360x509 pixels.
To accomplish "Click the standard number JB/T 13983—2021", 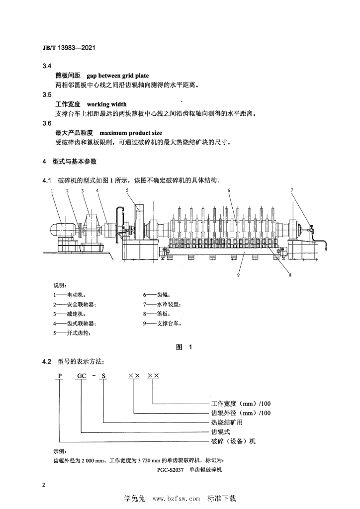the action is [x=69, y=48].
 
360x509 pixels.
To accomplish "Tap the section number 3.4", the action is [x=47, y=66].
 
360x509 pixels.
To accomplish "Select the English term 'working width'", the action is [x=107, y=104].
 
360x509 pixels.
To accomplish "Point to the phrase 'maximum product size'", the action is [x=131, y=133].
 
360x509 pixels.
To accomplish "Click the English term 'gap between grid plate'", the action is [x=118, y=76].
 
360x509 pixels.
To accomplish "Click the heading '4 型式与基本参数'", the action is [x=70, y=162].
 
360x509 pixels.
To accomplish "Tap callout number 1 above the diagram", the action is [x=52, y=190].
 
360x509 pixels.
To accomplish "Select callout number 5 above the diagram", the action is [x=127, y=190].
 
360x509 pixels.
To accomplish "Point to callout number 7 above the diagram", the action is [x=292, y=190].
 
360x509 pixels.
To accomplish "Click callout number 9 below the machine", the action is [x=238, y=275].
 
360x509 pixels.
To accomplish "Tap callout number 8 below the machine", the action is [x=290, y=275].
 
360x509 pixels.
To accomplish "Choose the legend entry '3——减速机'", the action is [x=70, y=314].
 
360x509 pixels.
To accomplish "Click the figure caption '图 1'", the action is [x=184, y=347].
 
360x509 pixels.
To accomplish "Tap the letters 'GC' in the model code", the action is [x=82, y=376].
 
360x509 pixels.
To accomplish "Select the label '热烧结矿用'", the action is [x=227, y=423].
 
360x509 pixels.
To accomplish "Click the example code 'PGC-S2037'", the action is [x=171, y=470].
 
